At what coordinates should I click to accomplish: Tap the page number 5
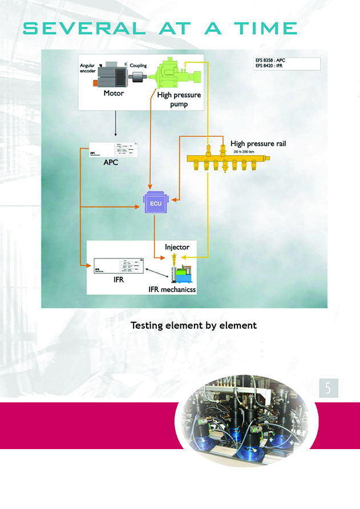328,388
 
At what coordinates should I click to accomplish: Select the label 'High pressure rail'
258,144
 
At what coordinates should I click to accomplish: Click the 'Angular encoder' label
87,68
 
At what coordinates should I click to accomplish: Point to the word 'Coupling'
139,65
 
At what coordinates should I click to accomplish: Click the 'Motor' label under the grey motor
114,93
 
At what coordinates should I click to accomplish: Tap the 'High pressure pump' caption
179,100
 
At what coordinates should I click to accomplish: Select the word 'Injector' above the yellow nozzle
177,247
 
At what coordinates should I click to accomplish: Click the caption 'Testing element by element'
193,326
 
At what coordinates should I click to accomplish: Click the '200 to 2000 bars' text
245,153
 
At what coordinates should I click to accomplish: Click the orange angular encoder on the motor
95,83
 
